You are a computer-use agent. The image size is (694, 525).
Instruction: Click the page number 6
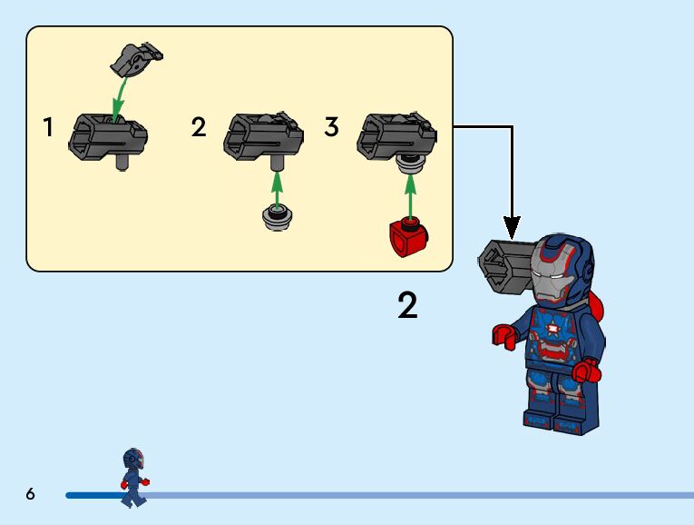click(x=30, y=494)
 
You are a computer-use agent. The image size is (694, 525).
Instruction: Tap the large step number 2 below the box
click(x=408, y=306)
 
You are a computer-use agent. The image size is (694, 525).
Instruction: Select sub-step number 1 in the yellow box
click(x=48, y=128)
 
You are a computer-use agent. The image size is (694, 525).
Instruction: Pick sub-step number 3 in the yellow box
click(x=331, y=127)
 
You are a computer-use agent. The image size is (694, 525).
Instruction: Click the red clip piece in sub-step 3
click(x=408, y=238)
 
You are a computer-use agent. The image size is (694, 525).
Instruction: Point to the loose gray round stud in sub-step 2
click(x=277, y=219)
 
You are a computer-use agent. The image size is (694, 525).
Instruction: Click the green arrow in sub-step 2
click(x=278, y=185)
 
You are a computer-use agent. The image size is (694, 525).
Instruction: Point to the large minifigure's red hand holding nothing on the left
click(x=504, y=335)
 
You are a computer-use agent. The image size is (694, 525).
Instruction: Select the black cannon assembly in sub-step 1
click(x=107, y=137)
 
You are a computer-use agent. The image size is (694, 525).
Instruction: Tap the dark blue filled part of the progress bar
click(x=91, y=495)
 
